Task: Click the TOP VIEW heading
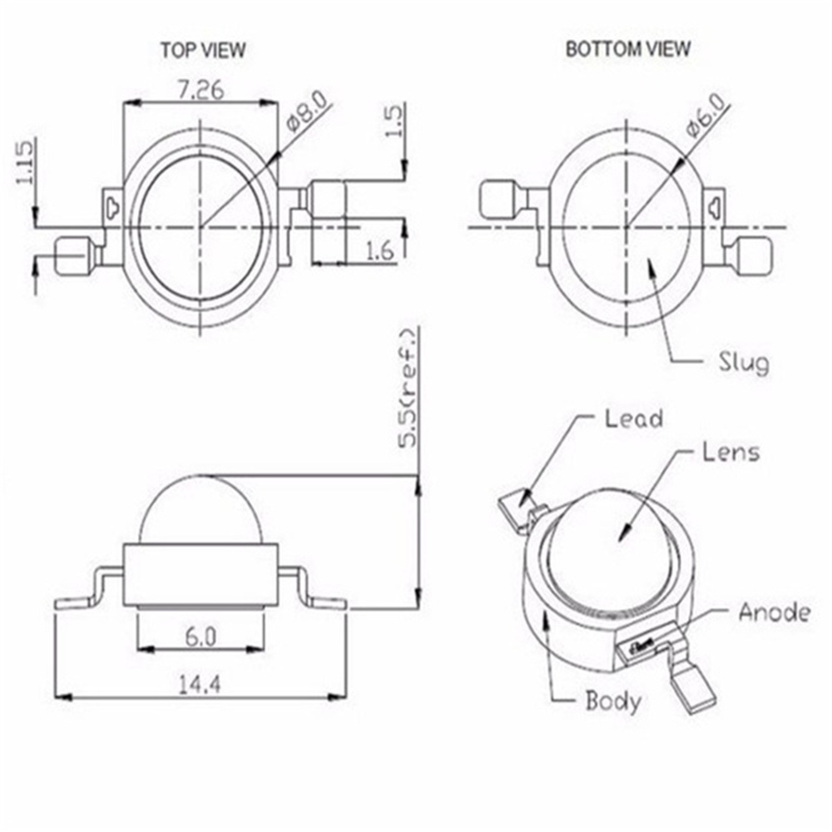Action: click(203, 50)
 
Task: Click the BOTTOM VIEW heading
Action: click(627, 49)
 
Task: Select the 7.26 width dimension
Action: click(200, 90)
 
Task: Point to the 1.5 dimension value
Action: click(395, 121)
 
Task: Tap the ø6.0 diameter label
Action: click(706, 114)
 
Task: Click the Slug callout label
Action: click(743, 362)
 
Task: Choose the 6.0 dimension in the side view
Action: click(200, 636)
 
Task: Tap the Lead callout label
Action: click(634, 418)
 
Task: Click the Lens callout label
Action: click(730, 452)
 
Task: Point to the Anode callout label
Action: click(774, 612)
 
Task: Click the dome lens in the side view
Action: click(200, 512)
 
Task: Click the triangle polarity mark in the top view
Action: click(114, 205)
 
